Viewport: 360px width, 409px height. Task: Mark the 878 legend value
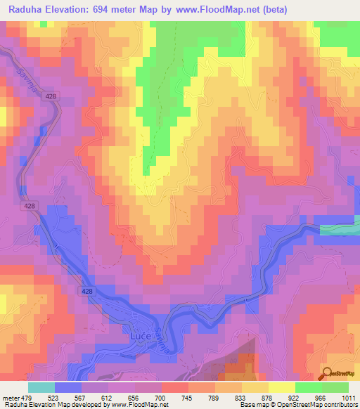[x=287, y=397]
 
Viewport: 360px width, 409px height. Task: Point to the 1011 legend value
[x=349, y=397]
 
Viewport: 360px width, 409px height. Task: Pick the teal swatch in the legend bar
[x=41, y=387]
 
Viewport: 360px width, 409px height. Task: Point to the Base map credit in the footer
[x=255, y=405]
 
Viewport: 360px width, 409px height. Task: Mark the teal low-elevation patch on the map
[x=340, y=229]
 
